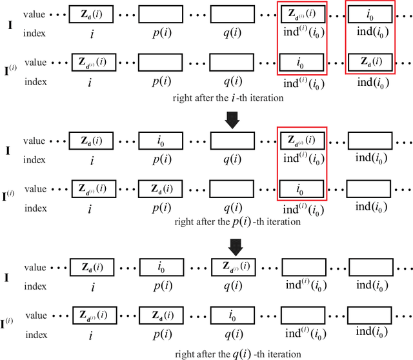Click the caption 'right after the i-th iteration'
pos(228,98)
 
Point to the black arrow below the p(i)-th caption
pos(235,245)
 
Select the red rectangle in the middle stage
pos(302,165)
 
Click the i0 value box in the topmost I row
pos(369,14)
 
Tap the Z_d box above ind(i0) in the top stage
pos(369,62)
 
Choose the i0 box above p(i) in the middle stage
pos(161,140)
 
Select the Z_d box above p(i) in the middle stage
pos(161,188)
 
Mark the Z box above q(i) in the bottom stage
pos(234,267)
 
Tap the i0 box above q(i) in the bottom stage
pos(234,315)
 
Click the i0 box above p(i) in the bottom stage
pos(161,267)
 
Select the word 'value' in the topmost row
pos(35,14)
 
